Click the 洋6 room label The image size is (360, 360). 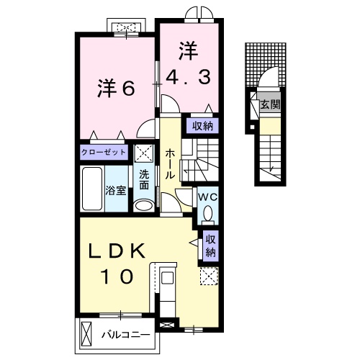(x=117, y=89)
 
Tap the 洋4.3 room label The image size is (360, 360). (x=189, y=63)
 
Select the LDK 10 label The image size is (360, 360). (x=117, y=262)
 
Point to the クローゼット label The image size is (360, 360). (x=104, y=152)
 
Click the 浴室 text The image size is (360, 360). (x=116, y=191)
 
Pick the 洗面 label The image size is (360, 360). (x=144, y=179)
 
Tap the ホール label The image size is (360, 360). (x=170, y=165)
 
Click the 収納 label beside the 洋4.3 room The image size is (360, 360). (x=202, y=125)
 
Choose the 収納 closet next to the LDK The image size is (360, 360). (x=210, y=246)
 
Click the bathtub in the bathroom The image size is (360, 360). (x=92, y=189)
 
